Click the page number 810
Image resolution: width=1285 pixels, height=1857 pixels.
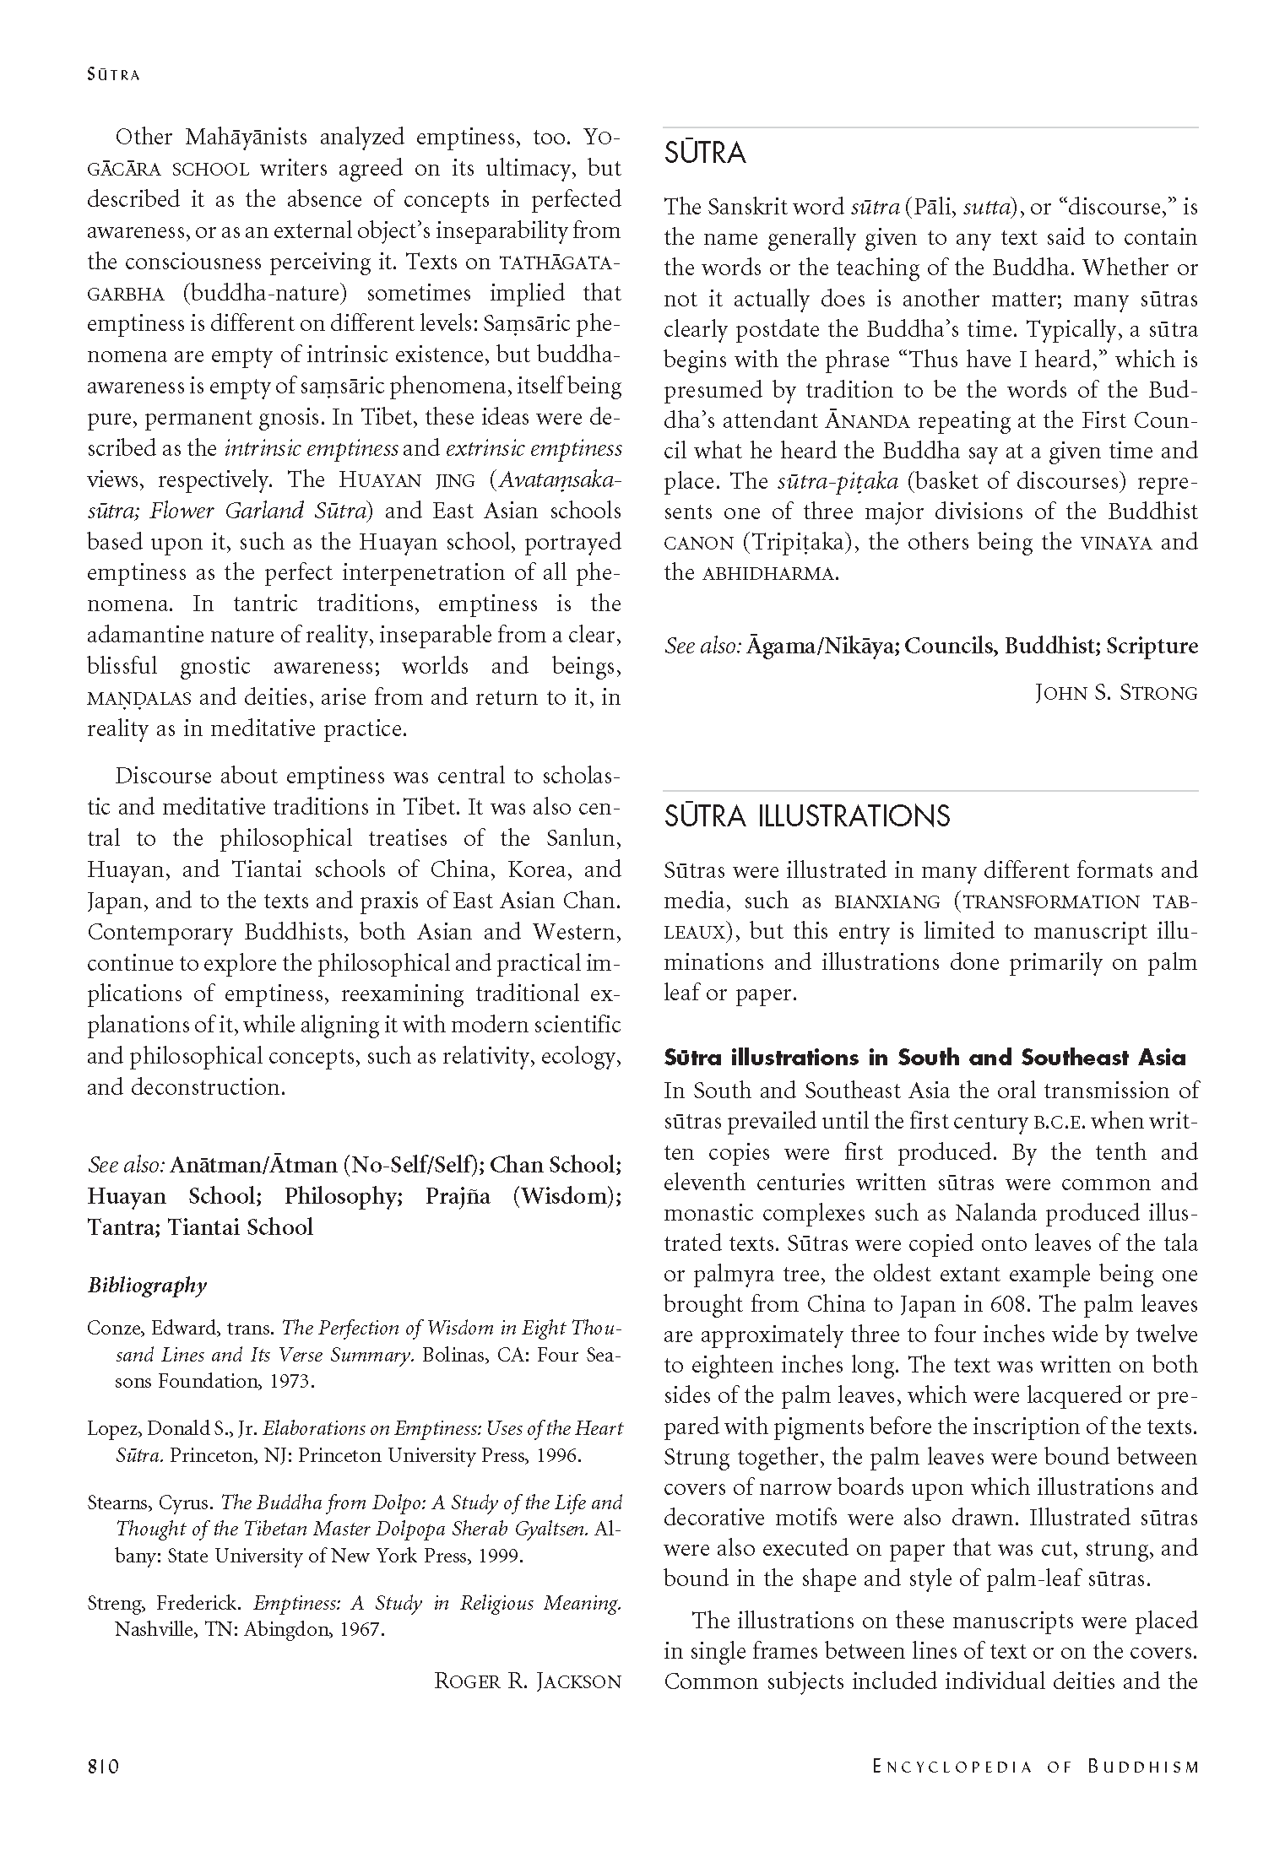coord(105,1765)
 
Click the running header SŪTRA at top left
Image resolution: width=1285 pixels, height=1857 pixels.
coord(113,74)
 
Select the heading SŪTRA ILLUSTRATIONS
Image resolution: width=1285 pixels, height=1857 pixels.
coord(807,816)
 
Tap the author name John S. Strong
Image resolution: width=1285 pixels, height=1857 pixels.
coord(1115,693)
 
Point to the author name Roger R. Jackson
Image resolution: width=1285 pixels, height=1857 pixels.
coord(528,1681)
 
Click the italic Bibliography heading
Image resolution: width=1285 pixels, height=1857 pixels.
coord(147,1286)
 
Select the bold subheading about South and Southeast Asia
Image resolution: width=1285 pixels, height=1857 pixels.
coord(924,1058)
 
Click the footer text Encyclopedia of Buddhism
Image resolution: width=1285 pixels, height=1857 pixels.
coord(1035,1766)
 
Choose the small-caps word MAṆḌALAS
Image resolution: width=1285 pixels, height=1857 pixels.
coord(139,698)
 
